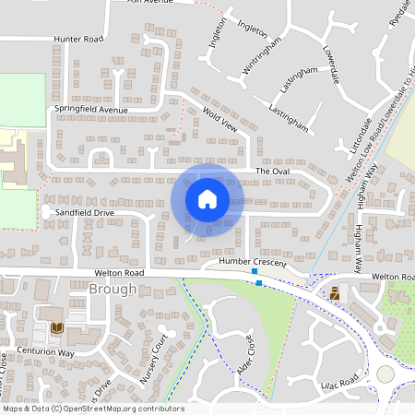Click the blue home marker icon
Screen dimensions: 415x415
(x=207, y=198)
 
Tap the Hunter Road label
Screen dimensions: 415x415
(x=78, y=40)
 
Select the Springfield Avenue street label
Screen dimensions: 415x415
(x=90, y=109)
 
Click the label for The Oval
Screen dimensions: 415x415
(x=272, y=172)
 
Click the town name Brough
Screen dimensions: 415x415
(x=113, y=290)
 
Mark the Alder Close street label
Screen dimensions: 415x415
(x=250, y=348)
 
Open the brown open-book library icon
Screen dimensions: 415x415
(x=57, y=327)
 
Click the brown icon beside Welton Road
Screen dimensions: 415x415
(x=335, y=292)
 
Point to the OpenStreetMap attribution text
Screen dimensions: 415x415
(x=92, y=409)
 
